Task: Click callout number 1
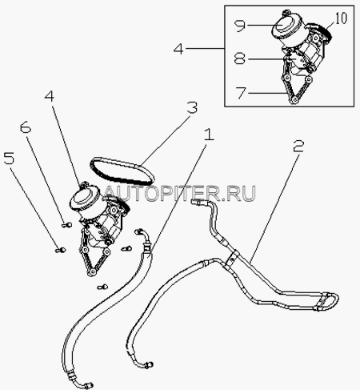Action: coord(210,135)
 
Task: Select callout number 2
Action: coord(298,147)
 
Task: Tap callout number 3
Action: coord(192,107)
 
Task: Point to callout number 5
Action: coord(9,159)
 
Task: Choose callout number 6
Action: coord(26,128)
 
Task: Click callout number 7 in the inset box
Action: coord(241,93)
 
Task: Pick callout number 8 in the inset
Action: coord(240,58)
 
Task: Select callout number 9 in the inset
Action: coord(239,26)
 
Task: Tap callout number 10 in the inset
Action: coord(341,18)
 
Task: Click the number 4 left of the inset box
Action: coord(178,49)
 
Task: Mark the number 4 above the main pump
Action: coord(50,96)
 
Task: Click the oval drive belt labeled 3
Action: coord(122,171)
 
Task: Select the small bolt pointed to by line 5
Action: coord(60,250)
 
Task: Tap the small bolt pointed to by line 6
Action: coord(66,226)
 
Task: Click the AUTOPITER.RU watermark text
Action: coord(179,193)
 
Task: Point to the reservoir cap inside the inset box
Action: coord(282,23)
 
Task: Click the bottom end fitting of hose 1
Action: coord(88,385)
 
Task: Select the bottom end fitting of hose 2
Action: coord(149,364)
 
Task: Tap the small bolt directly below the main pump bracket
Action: coord(102,287)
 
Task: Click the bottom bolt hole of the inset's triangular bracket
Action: coord(294,100)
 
